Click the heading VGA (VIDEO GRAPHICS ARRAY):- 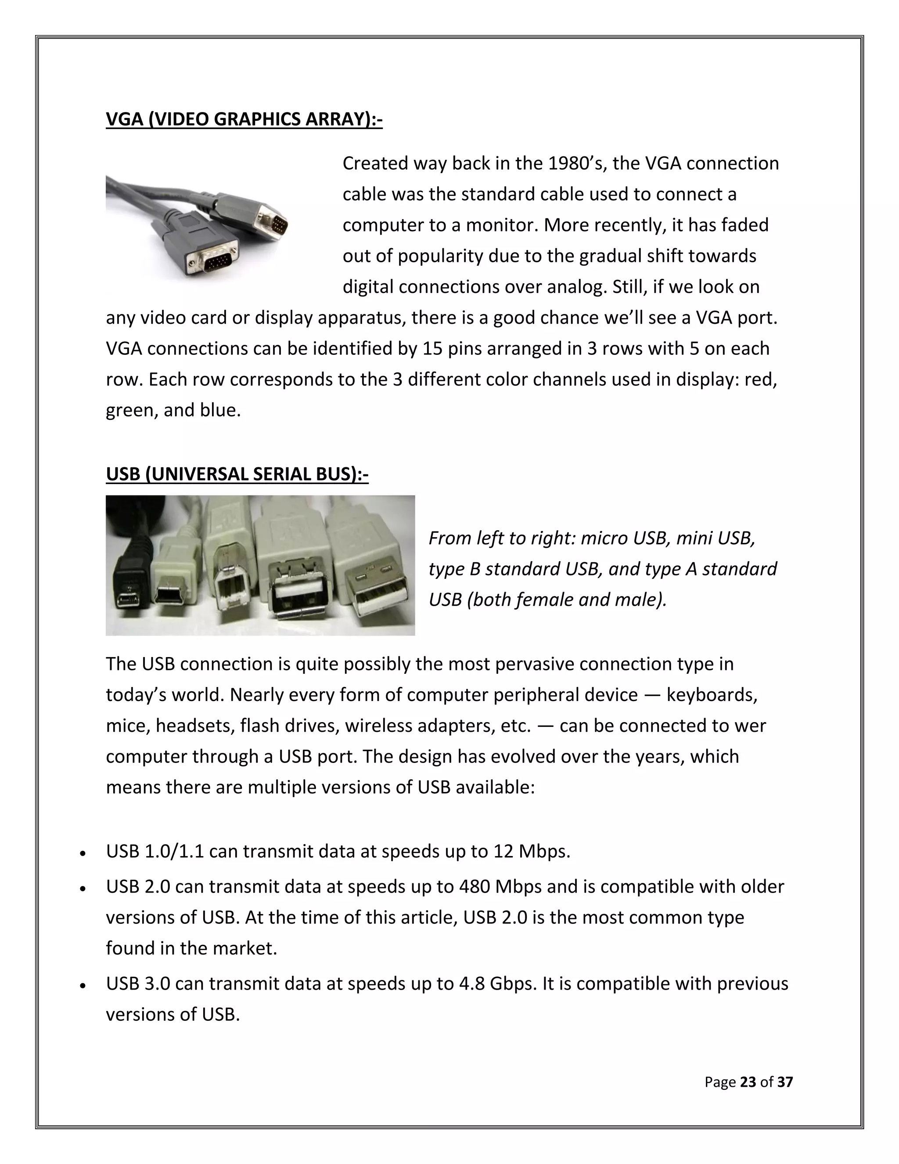click(x=244, y=119)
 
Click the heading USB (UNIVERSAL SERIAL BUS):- click(x=237, y=474)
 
